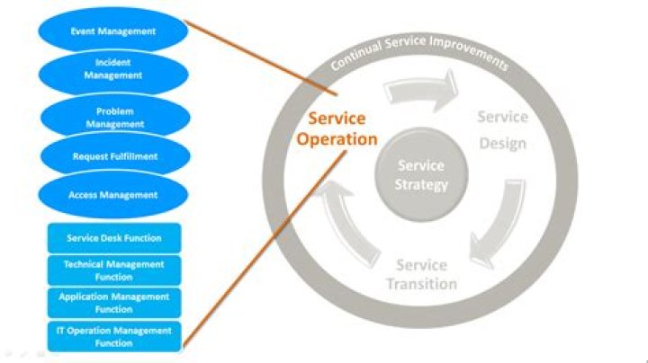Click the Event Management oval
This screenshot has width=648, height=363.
pyautogui.click(x=113, y=31)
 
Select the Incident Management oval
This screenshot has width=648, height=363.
pyautogui.click(x=113, y=70)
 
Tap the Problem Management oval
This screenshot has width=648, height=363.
pyautogui.click(x=113, y=118)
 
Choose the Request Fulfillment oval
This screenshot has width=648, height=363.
pyautogui.click(x=113, y=156)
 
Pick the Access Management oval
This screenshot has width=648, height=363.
pyautogui.click(x=113, y=195)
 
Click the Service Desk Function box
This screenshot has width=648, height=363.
pyautogui.click(x=113, y=238)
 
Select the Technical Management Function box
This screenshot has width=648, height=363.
pyautogui.click(x=113, y=270)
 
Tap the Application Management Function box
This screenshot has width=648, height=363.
pyautogui.click(x=113, y=303)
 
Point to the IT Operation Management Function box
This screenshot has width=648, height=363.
pyautogui.click(x=113, y=336)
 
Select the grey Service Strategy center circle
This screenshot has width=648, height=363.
pyautogui.click(x=422, y=175)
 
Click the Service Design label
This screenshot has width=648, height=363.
pyautogui.click(x=502, y=130)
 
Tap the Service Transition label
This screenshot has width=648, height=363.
pyautogui.click(x=421, y=275)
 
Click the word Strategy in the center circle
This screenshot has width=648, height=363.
pyautogui.click(x=422, y=184)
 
